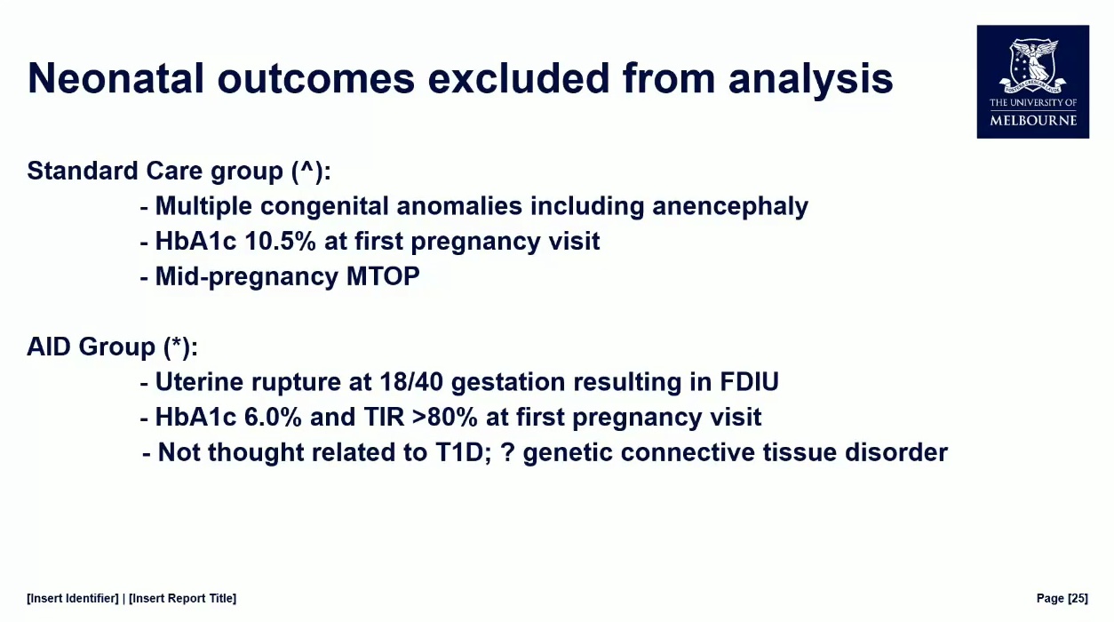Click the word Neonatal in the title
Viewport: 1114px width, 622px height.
coord(115,78)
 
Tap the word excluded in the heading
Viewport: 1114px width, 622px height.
coord(519,78)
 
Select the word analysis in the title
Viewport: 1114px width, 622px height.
coord(811,80)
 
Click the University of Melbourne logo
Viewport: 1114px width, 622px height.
coord(1033,82)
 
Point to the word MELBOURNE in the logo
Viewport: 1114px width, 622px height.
coord(1033,121)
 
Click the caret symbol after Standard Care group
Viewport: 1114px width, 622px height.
coord(308,168)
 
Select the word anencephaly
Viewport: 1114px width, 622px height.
coord(730,206)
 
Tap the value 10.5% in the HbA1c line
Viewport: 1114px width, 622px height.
coord(281,242)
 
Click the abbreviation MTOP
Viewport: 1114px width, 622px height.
coord(383,276)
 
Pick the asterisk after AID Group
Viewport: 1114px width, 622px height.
coord(177,343)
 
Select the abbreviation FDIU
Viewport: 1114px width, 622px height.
coord(749,382)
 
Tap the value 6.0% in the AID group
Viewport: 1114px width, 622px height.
coord(273,417)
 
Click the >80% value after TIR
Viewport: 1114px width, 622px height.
coord(445,417)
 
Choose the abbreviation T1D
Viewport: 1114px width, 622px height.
coord(463,452)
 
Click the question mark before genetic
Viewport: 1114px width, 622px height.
coord(507,452)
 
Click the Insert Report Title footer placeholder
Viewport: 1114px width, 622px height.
coord(182,598)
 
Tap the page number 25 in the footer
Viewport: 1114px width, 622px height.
coord(1078,598)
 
